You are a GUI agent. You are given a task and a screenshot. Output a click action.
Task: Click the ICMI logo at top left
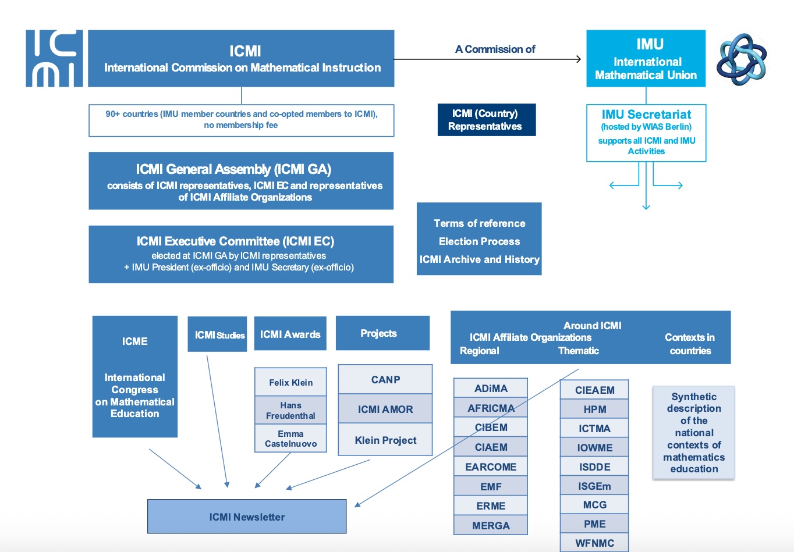[x=54, y=58]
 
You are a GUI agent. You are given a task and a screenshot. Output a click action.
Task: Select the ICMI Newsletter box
[x=247, y=517]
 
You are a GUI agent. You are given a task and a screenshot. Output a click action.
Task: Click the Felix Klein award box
[x=290, y=382]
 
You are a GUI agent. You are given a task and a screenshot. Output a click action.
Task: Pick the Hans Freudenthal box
[x=290, y=410]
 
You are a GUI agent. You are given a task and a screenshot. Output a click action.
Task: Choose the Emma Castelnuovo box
[x=290, y=439]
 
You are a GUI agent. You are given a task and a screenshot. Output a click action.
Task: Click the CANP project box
[x=385, y=380]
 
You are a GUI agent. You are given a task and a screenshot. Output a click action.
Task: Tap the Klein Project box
[x=385, y=440]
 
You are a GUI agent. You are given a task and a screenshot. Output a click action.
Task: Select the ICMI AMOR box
[x=385, y=409]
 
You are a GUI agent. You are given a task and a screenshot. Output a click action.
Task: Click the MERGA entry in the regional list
[x=491, y=525]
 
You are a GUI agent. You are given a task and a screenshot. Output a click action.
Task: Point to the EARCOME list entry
[x=491, y=466]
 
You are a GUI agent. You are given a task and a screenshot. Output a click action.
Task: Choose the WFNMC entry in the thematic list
[x=594, y=543]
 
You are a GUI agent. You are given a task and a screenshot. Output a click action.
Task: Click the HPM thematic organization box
[x=594, y=409]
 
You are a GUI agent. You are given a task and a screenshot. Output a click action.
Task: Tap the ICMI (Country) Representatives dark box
[x=486, y=120]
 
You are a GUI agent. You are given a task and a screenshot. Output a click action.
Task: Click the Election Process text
[x=479, y=241]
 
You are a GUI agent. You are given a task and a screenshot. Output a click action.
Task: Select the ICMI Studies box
[x=217, y=334]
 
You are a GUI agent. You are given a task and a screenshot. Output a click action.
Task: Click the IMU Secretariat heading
[x=646, y=115]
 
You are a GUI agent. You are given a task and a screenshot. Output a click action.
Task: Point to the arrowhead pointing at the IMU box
[x=578, y=59]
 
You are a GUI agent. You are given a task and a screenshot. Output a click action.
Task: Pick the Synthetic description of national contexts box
[x=693, y=433]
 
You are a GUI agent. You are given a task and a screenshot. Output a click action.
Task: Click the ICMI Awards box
[x=290, y=334]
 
